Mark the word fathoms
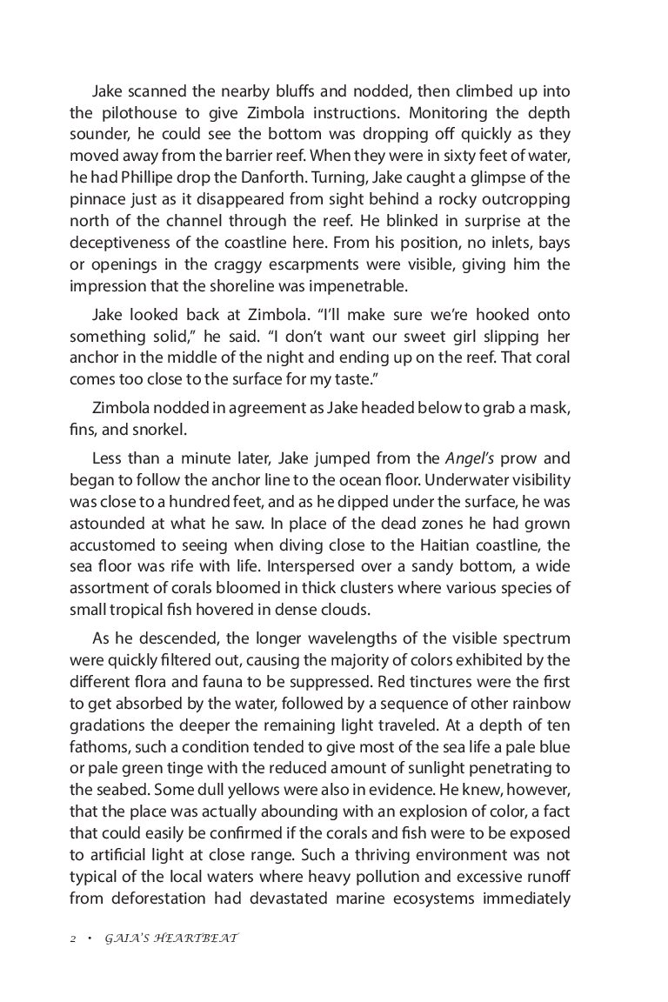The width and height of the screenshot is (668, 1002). (97, 735)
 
